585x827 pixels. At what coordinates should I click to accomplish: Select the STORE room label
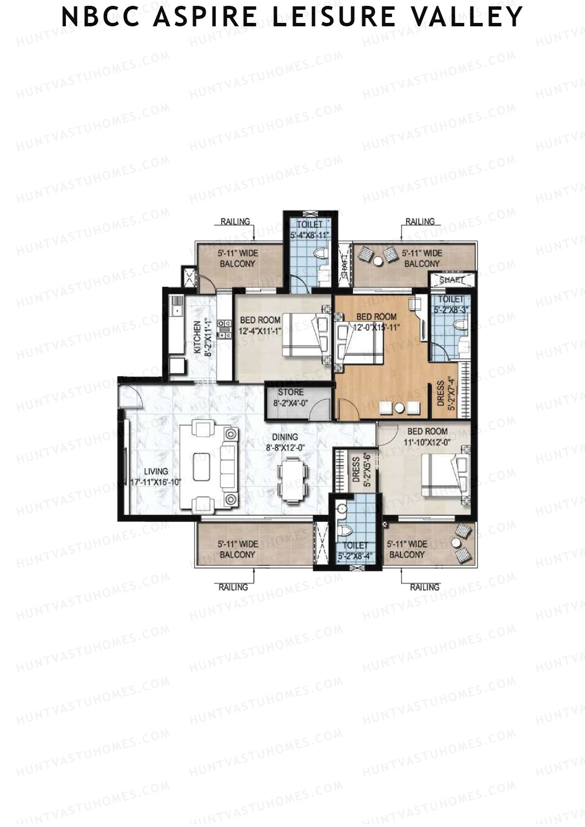tap(291, 392)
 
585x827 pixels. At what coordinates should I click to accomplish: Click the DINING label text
tap(285, 437)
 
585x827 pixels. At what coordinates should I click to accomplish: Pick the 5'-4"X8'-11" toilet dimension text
tap(310, 235)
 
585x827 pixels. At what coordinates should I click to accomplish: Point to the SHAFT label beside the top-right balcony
tap(451, 280)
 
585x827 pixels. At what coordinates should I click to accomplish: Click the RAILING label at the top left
tap(235, 222)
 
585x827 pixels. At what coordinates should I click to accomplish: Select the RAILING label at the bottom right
tap(424, 587)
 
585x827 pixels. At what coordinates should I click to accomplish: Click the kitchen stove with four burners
tap(224, 329)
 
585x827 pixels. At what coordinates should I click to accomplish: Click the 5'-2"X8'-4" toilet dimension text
tap(355, 555)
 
